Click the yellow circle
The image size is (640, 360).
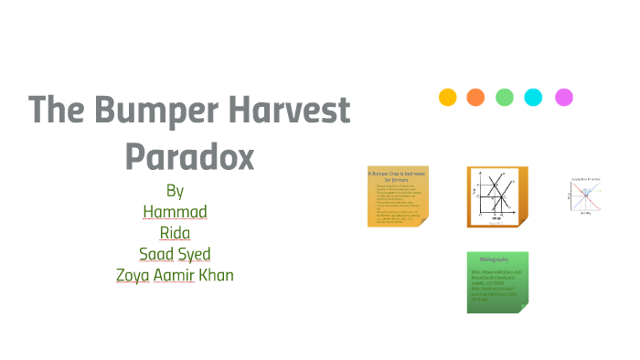(448, 97)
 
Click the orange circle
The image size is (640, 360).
(475, 97)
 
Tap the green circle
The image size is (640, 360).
(505, 97)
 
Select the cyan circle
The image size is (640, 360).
(534, 97)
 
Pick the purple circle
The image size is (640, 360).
(564, 97)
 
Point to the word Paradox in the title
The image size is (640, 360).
(188, 156)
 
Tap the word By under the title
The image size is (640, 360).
(176, 191)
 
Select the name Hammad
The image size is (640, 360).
(176, 212)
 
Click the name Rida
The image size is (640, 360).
(176, 233)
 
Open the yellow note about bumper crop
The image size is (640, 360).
(399, 196)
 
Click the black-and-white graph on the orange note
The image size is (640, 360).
(496, 196)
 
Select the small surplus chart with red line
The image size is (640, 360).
(584, 196)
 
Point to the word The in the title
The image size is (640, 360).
(50, 111)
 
